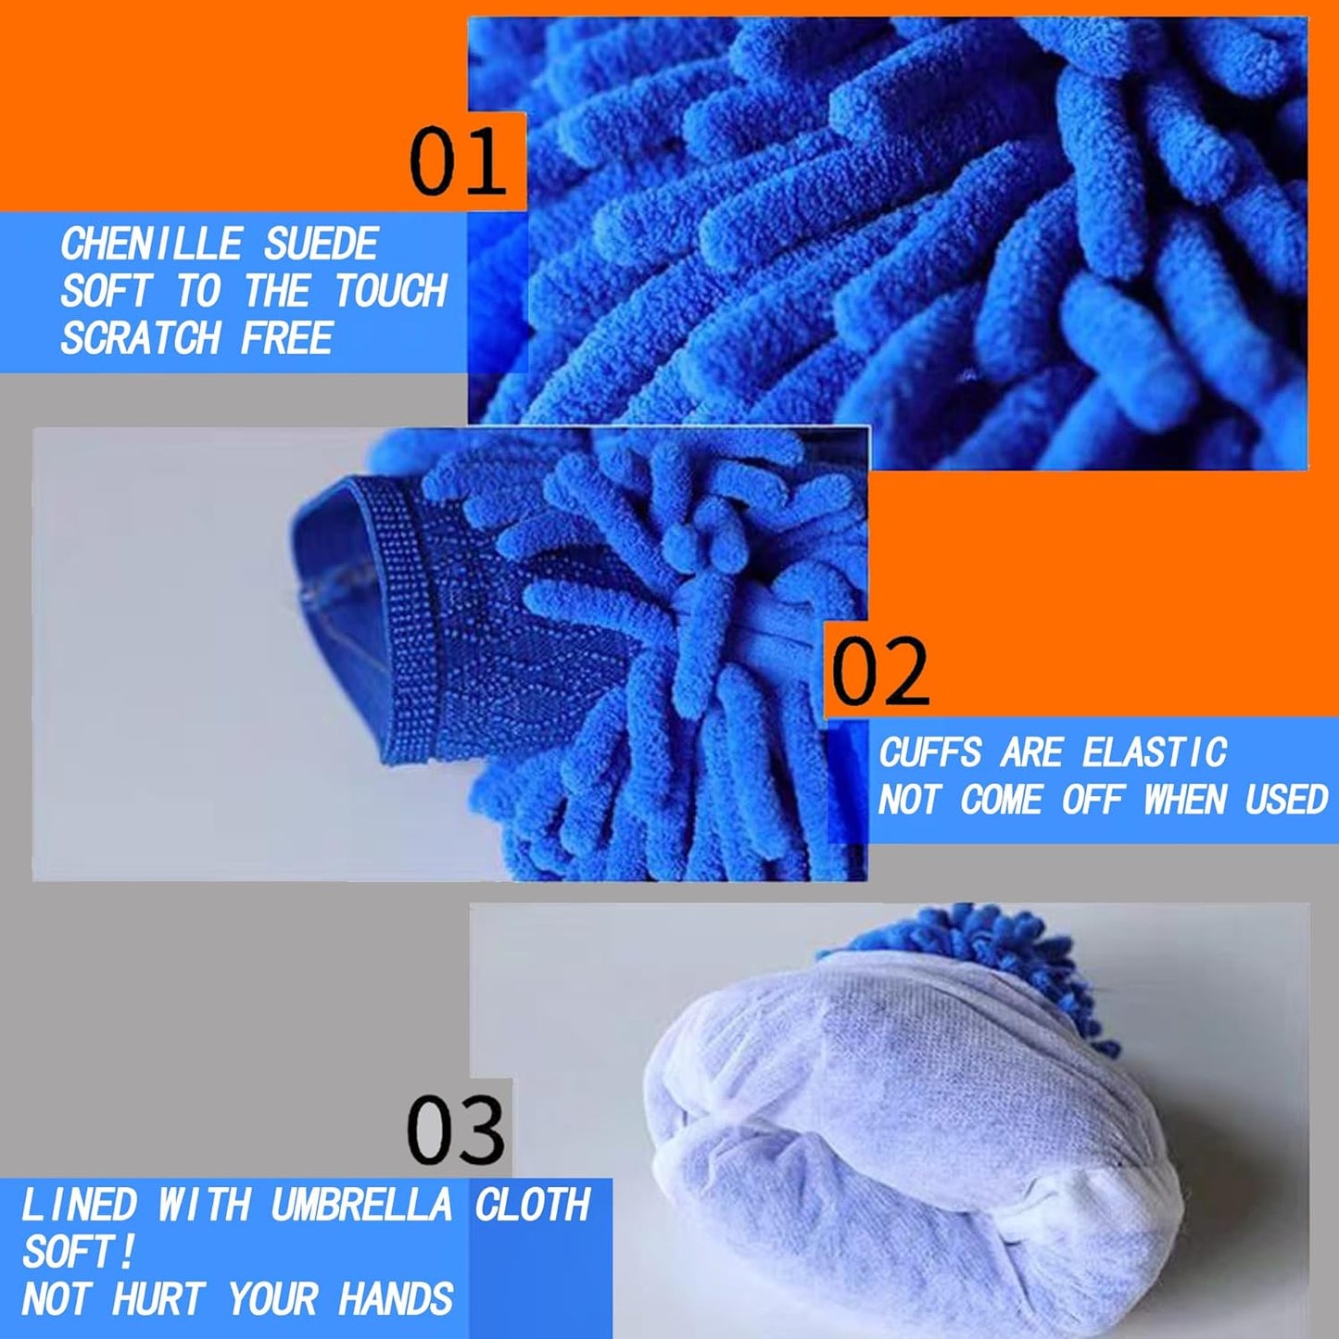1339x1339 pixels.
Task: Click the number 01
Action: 458,161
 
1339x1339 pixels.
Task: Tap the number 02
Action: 879,672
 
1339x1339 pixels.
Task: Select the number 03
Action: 456,1131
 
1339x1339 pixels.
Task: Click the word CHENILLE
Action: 151,245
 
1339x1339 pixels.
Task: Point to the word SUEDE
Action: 321,245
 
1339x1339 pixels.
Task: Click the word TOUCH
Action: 390,291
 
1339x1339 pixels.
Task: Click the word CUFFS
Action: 929,752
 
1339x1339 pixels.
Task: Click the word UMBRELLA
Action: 361,1206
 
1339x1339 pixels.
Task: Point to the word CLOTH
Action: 533,1206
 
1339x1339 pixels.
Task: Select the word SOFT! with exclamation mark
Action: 79,1253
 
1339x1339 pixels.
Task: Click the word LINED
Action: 79,1206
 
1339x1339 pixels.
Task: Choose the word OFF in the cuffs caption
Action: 1093,799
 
